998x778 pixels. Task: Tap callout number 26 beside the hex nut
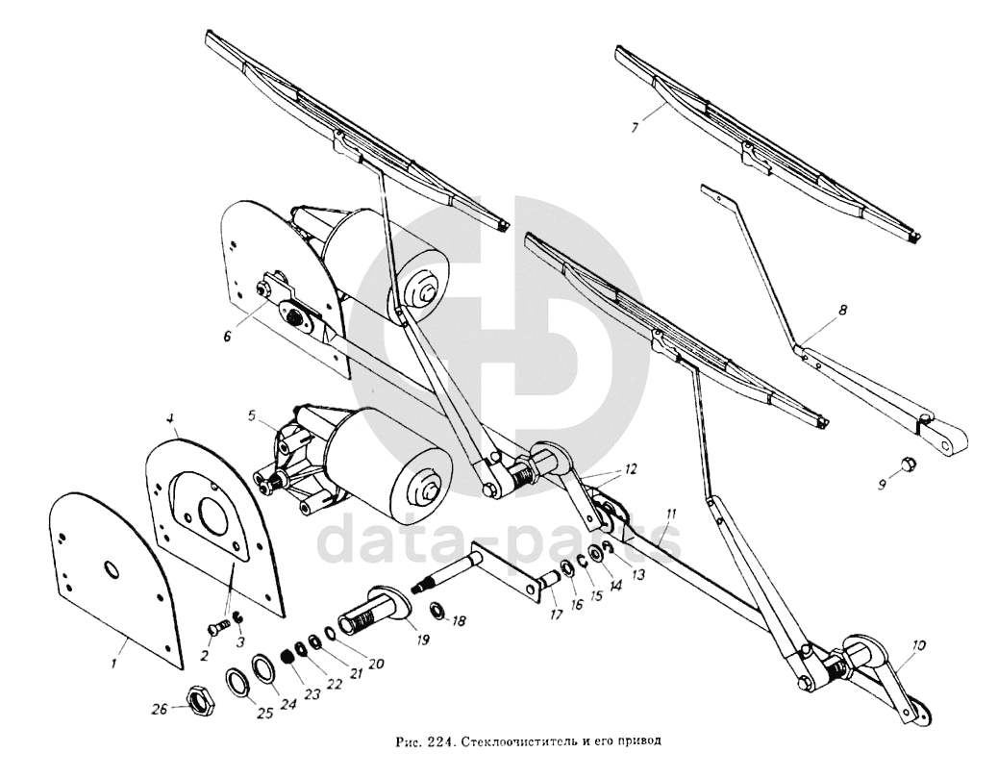[161, 709]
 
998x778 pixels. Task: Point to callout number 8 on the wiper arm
[842, 311]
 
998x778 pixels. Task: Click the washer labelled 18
[437, 609]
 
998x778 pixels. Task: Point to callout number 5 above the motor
[251, 417]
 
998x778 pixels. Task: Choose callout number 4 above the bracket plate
[169, 419]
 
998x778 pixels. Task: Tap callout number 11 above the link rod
[670, 514]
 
